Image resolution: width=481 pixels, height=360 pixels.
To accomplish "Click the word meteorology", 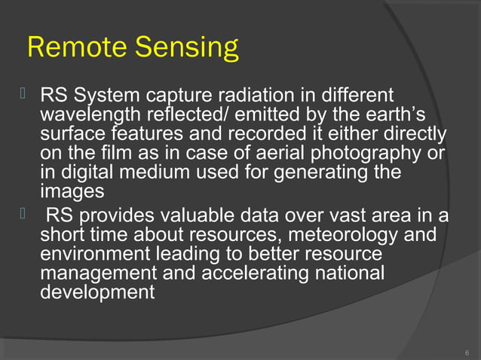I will [342, 233].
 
